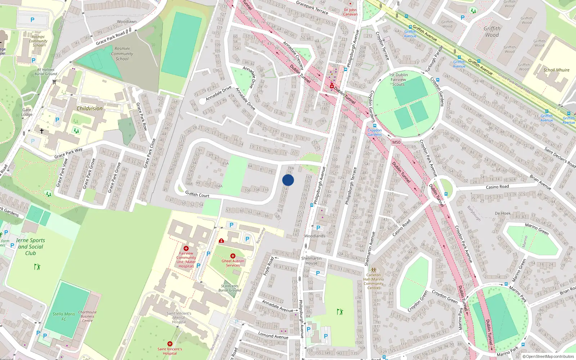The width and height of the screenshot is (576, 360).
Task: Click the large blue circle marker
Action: (x=288, y=180)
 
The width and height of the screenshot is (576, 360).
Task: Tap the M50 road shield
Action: (x=396, y=142)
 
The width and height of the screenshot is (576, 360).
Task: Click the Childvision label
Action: (x=89, y=108)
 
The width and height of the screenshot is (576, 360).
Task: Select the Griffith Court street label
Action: (x=197, y=194)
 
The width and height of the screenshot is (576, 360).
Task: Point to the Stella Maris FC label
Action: (x=64, y=316)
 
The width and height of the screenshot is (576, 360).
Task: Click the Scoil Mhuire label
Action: (x=556, y=70)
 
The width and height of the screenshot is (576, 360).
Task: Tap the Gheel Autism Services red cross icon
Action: (x=233, y=256)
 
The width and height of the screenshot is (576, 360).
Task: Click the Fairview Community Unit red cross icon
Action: (x=186, y=248)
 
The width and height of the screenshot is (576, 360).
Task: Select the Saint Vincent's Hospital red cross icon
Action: (x=170, y=344)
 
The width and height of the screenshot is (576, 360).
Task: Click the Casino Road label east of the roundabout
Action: (x=497, y=187)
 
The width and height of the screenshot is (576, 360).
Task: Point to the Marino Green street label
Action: (x=536, y=229)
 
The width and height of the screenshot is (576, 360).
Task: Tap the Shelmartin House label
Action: (x=311, y=261)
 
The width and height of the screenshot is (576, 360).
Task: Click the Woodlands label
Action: (x=315, y=236)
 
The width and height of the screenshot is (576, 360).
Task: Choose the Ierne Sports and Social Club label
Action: (x=31, y=247)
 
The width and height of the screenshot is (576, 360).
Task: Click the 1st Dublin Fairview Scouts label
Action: (x=399, y=80)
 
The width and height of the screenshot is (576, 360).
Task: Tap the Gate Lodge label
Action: (x=27, y=112)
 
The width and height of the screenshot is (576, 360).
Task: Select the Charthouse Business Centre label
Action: (x=87, y=316)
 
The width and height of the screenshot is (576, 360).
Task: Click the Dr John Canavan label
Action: (x=350, y=12)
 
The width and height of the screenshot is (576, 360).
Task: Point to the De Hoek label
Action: (x=503, y=213)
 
